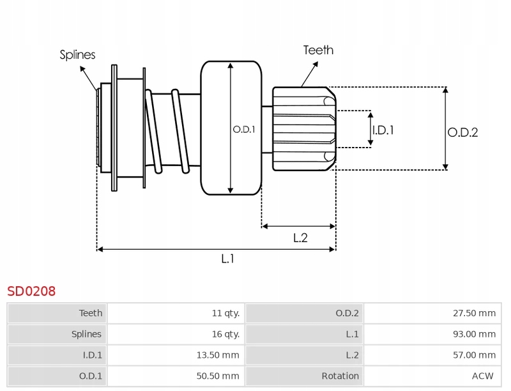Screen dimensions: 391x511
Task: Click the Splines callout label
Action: point(77,55)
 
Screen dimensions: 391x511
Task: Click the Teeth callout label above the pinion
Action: point(318,50)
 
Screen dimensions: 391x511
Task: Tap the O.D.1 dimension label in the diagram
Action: point(243,129)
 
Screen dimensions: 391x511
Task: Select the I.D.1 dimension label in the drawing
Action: point(383,130)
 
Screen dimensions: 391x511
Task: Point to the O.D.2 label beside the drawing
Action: point(462,133)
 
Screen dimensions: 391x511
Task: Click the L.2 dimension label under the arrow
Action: point(300,238)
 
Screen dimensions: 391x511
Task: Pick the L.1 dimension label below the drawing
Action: point(228,258)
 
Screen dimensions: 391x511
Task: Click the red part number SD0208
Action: point(31,291)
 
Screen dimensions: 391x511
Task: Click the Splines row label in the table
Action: point(86,334)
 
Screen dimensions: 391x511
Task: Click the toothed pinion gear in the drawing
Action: point(303,129)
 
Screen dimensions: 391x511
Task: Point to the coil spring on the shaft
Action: point(167,131)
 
